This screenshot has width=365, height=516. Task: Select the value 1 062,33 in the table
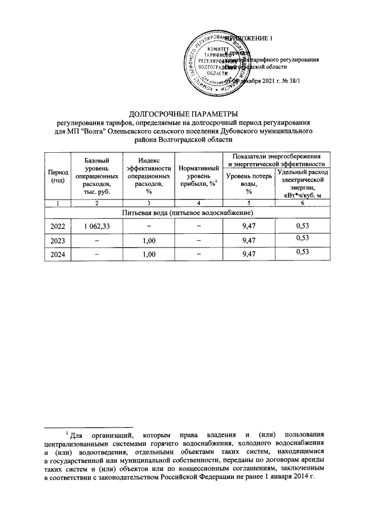(96, 226)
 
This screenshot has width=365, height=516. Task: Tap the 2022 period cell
(58, 226)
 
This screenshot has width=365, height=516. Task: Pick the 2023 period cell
(58, 240)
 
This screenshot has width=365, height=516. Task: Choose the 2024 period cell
(58, 254)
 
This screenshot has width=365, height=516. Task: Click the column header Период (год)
(58, 176)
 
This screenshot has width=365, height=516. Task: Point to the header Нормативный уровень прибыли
(197, 176)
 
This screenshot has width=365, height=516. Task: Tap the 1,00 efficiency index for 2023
(148, 240)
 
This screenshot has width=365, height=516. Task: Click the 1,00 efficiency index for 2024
(148, 254)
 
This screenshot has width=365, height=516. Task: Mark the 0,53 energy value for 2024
(302, 253)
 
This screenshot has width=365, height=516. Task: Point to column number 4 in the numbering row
(198, 203)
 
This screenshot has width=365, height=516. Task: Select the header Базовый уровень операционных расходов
(96, 176)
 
